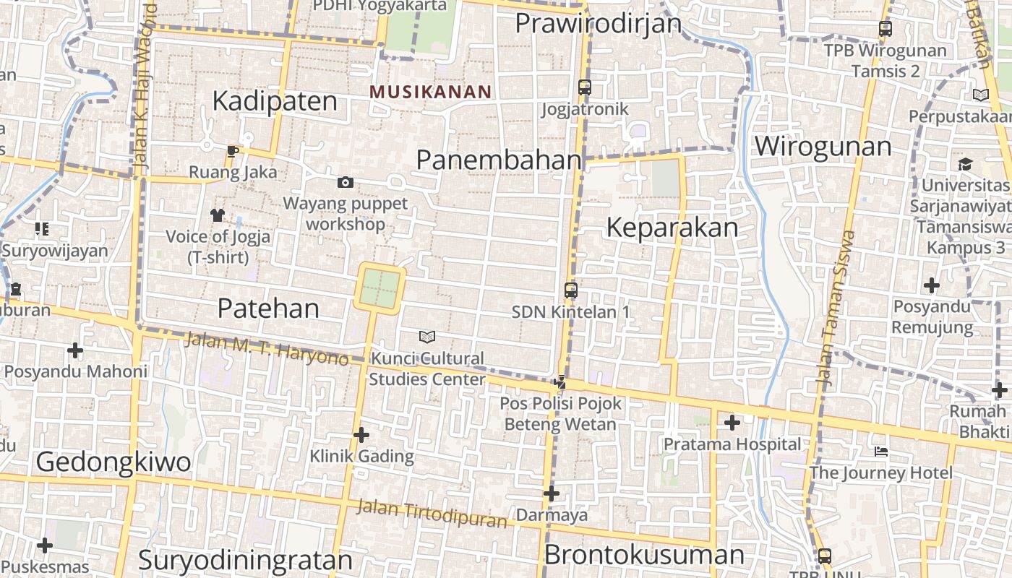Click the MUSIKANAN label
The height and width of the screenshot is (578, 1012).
click(430, 92)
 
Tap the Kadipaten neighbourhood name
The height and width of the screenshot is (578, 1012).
click(275, 101)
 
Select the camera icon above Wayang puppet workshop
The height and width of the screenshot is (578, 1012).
click(346, 182)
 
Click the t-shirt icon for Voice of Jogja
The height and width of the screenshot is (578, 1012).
click(218, 215)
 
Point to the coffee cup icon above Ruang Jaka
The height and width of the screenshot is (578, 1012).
click(232, 151)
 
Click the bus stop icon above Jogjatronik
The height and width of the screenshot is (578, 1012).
click(585, 87)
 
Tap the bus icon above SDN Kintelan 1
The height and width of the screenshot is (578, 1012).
click(571, 290)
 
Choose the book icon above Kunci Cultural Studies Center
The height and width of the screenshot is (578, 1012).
click(427, 337)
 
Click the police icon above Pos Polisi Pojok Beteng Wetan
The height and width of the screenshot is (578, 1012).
click(560, 382)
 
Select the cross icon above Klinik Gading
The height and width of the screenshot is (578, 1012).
click(361, 435)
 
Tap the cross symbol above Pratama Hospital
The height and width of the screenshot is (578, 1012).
click(732, 423)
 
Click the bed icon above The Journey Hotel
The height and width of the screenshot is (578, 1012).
click(880, 452)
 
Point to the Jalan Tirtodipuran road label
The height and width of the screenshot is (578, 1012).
click(432, 514)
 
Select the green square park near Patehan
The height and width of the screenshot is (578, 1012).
click(380, 288)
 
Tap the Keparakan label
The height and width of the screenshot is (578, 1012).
click(672, 228)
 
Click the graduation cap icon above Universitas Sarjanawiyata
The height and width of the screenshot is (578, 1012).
click(966, 165)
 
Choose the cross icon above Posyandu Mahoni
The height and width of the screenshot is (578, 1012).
click(75, 351)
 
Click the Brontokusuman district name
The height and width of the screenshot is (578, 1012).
click(643, 555)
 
